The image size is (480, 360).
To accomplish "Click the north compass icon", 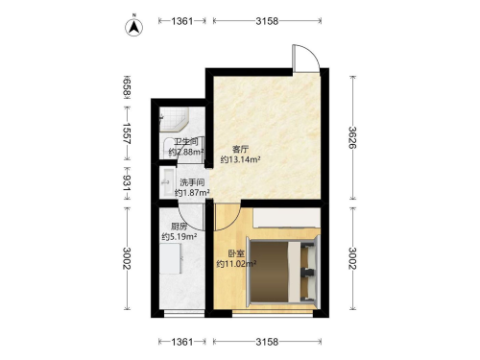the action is point(133,26).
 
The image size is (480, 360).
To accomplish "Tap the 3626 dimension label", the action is point(352,137).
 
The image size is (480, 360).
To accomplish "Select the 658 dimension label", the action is point(128,86).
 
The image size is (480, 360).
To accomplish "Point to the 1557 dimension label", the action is point(128,133).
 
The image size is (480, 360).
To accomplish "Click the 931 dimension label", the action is point(128,183).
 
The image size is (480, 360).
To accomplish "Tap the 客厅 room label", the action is point(240,150).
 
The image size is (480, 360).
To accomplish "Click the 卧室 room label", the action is point(236,253).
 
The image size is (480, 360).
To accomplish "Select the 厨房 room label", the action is point(179,227).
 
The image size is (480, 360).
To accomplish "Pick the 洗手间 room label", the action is point(192,182).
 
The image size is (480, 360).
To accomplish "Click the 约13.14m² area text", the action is point(240,159).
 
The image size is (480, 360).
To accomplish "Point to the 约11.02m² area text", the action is point(236,264).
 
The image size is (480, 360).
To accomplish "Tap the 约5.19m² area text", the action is point(179,237).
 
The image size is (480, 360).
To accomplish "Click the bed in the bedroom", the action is point(284,272).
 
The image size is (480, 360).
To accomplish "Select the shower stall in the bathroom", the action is point(174,120).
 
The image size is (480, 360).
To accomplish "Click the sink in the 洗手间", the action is point(168,182).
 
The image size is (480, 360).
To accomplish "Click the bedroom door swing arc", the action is point(228,218).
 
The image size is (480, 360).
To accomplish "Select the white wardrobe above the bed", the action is point(287,218).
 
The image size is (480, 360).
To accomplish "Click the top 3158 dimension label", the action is point(267,21).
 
